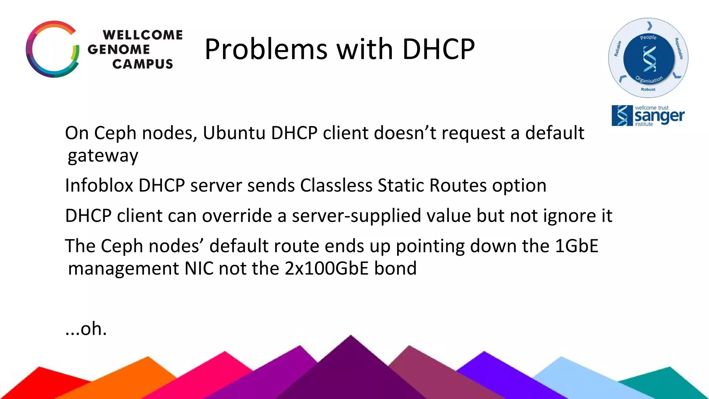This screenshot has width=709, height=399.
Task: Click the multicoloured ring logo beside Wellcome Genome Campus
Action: coord(52,49)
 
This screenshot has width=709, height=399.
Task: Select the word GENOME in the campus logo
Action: coord(118,50)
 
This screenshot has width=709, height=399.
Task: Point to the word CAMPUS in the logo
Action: coord(142,64)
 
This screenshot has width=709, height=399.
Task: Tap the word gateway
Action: coord(103,156)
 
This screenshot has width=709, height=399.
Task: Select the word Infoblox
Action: coord(99,185)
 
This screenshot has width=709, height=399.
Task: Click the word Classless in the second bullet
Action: coord(336,185)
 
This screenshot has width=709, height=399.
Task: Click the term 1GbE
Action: coord(576,246)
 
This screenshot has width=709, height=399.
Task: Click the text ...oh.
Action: coord(86,329)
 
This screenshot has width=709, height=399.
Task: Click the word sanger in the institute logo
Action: coord(659,116)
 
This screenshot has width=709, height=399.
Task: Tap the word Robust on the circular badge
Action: coord(648,89)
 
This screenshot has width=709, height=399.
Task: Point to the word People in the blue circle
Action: coord(648,37)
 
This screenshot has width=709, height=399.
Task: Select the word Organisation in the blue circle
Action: coord(649,80)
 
